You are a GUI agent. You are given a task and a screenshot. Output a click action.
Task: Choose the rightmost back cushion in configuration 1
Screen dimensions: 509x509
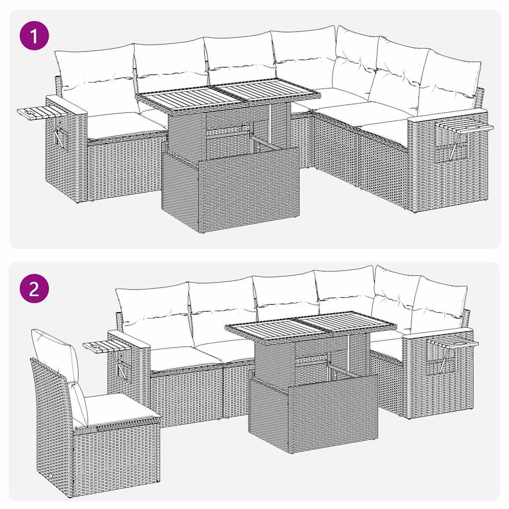tap(450, 82)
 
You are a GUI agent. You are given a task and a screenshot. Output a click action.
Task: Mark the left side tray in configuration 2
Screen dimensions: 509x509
tap(104, 346)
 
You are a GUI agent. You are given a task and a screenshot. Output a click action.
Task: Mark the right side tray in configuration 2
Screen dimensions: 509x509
tap(452, 343)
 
